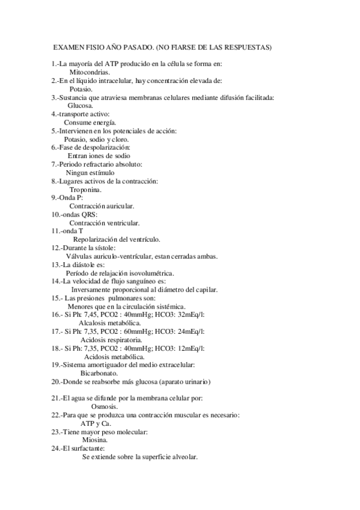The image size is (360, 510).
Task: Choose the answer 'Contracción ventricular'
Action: pyautogui.click(x=104, y=223)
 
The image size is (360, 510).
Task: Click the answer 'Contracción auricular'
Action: pyautogui.click(x=102, y=206)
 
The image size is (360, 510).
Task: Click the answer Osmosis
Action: pyautogui.click(x=104, y=407)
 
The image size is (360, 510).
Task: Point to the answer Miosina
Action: pyautogui.click(x=95, y=440)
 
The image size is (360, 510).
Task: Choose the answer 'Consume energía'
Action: pyautogui.click(x=90, y=122)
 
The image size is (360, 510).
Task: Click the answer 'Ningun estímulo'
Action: pyautogui.click(x=90, y=173)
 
